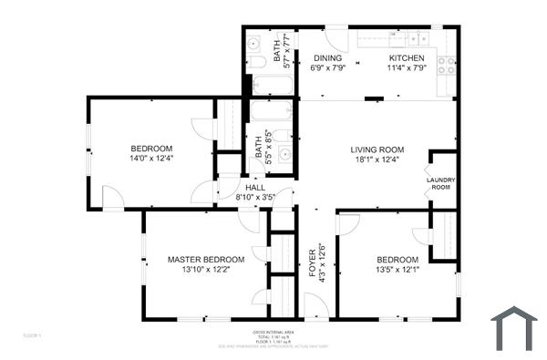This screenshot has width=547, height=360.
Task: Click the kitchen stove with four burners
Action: coord(447,65)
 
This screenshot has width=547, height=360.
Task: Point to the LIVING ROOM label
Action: coord(377,149)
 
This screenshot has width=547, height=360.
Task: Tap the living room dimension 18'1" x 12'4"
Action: coord(377,160)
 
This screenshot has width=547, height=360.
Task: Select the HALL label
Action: coord(254,187)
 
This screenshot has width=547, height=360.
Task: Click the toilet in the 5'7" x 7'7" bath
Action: coord(256,62)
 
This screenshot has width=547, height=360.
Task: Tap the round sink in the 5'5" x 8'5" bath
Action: coord(284,152)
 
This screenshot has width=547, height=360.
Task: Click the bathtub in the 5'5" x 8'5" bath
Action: coord(271,112)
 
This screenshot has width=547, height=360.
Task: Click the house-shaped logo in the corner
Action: coord(514,328)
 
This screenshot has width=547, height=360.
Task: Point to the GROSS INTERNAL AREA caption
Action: coord(273,333)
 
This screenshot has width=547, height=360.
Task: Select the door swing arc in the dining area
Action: coord(337,38)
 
